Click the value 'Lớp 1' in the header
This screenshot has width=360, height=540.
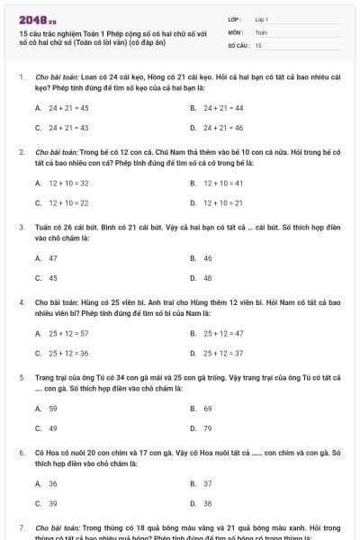tap(262, 19)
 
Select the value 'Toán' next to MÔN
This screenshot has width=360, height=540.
tap(261, 31)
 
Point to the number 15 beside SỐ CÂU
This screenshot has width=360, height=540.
tap(258, 44)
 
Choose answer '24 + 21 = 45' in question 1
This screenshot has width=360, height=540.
tap(68, 107)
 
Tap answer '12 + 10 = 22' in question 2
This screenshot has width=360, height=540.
tap(68, 202)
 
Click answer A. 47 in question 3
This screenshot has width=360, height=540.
tap(53, 257)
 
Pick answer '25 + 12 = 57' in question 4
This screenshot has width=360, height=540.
tap(68, 333)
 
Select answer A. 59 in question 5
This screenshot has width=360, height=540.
tap(53, 408)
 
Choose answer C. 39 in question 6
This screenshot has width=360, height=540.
tap(53, 503)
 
